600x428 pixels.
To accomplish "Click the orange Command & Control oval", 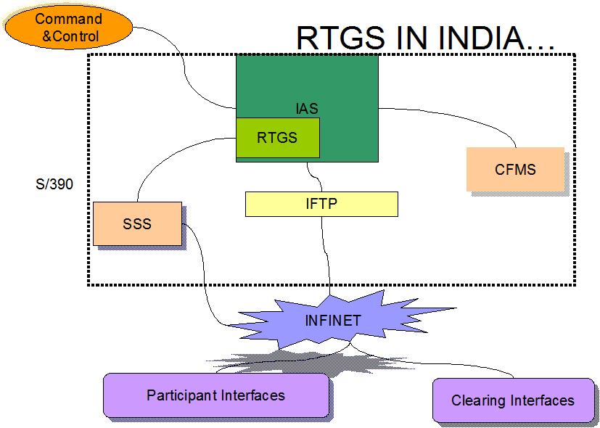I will (x=68, y=28).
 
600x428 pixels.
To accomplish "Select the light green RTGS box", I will (x=278, y=137).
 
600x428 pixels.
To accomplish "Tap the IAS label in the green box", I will (x=306, y=109).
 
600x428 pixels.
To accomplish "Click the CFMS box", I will (x=515, y=169).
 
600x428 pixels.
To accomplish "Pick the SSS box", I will (x=137, y=223).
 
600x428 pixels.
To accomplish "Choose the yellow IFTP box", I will (x=321, y=204).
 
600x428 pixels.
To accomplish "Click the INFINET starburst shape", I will (x=333, y=320).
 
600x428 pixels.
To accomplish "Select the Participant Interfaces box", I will (x=215, y=395).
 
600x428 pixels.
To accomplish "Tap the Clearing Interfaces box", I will (x=512, y=400).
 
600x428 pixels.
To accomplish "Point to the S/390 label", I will (x=54, y=184).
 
